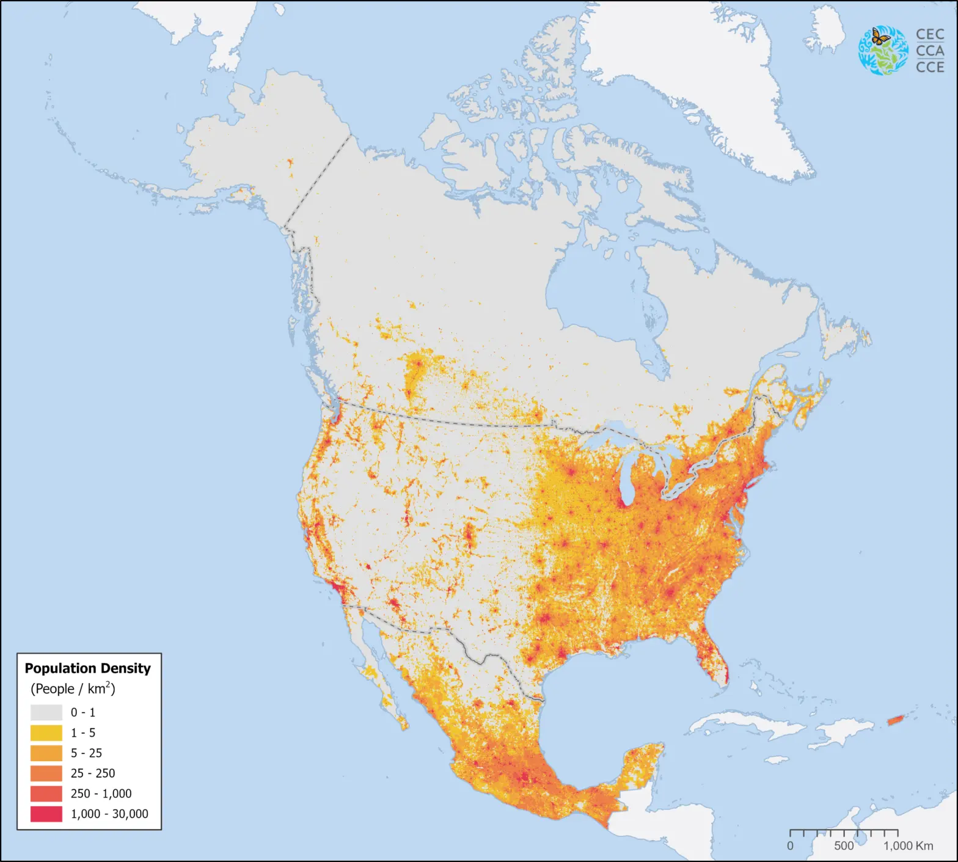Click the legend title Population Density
tap(87, 668)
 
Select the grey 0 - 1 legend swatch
tap(46, 712)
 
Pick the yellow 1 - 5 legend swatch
tap(46, 732)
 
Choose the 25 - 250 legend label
tap(92, 773)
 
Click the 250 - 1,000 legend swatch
tap(46, 794)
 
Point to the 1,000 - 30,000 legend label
tap(109, 814)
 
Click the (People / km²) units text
tap(73, 689)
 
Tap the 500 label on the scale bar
tap(844, 846)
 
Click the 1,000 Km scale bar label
tap(908, 846)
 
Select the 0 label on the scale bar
tap(790, 846)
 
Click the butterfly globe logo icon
tap(883, 51)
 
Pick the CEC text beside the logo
tap(930, 35)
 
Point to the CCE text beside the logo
tap(930, 67)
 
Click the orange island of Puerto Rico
tap(895, 721)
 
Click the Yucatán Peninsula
tap(642, 764)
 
